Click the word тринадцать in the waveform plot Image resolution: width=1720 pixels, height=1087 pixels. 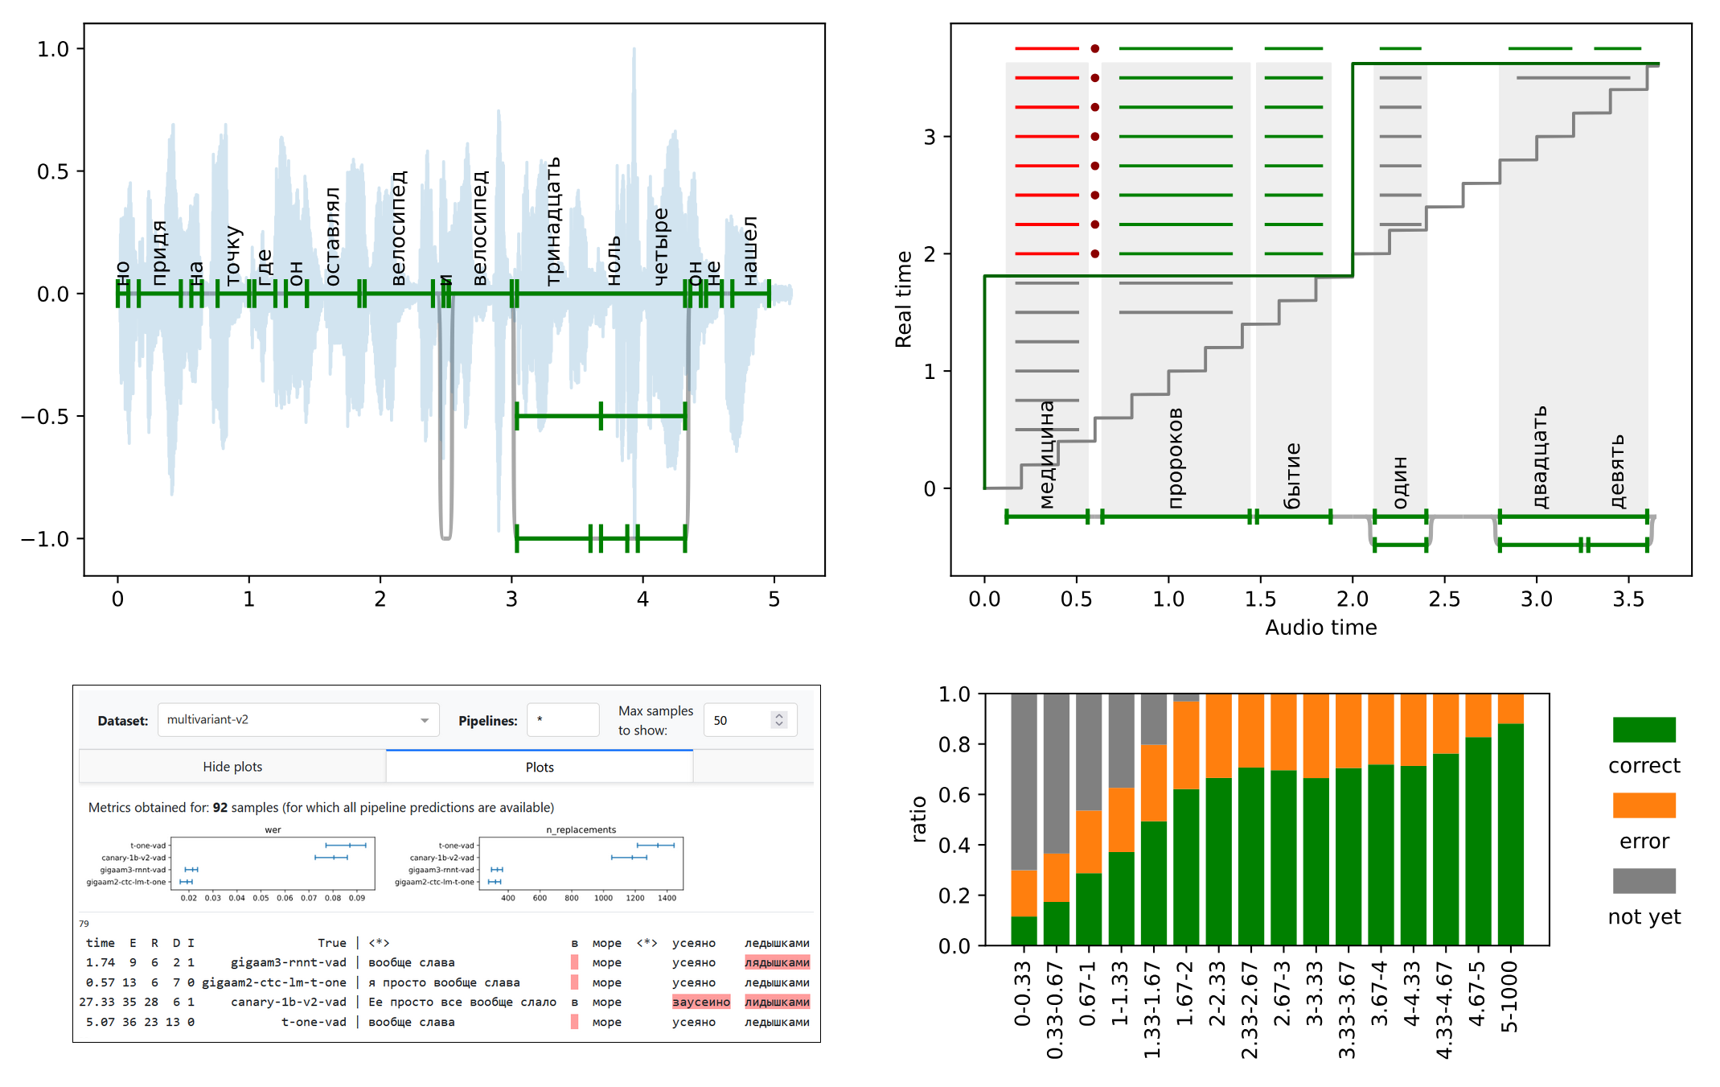553,221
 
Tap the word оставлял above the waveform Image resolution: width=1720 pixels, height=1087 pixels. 332,237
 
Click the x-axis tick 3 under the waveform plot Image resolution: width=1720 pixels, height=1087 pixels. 511,599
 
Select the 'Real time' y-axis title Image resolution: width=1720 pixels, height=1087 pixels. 904,299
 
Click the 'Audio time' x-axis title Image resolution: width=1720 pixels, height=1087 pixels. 1320,628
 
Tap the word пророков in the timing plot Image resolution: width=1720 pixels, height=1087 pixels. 1175,458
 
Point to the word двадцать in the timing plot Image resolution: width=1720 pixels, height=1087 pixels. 1539,457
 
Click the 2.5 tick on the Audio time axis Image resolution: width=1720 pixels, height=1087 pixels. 1444,599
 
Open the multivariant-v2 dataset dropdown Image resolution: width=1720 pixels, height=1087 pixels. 298,720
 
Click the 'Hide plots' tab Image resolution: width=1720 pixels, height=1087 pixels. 232,767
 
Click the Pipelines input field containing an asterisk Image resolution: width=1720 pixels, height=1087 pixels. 563,720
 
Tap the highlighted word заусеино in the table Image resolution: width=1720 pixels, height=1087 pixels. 700,1002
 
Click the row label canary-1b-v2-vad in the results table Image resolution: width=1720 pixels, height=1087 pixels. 288,1002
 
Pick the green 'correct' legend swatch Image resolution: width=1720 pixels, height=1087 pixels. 1644,730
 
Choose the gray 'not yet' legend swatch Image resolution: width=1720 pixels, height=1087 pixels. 1644,881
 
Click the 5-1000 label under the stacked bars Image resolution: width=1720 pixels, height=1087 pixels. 1510,997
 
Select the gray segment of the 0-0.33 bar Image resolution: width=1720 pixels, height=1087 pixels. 1024,780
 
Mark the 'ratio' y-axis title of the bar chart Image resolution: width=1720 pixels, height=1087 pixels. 918,819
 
